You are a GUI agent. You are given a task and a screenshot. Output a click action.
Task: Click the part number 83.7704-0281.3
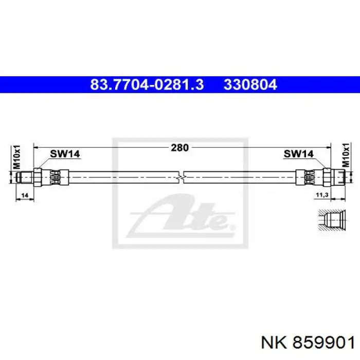pyautogui.click(x=147, y=84)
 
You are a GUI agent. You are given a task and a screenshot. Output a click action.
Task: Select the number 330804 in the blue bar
pyautogui.click(x=250, y=84)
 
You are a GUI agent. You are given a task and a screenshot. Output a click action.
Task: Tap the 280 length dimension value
pyautogui.click(x=180, y=148)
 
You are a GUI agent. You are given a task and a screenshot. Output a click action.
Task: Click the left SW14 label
pyautogui.click(x=65, y=154)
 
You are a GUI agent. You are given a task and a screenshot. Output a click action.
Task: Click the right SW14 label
pyautogui.click(x=298, y=154)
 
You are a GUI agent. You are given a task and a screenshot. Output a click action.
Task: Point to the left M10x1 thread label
pyautogui.click(x=16, y=157)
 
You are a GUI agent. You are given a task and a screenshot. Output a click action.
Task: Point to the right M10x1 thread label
pyautogui.click(x=346, y=155)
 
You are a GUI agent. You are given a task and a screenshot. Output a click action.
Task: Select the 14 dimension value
pyautogui.click(x=25, y=195)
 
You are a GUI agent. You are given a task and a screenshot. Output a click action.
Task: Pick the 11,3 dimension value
pyautogui.click(x=322, y=195)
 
